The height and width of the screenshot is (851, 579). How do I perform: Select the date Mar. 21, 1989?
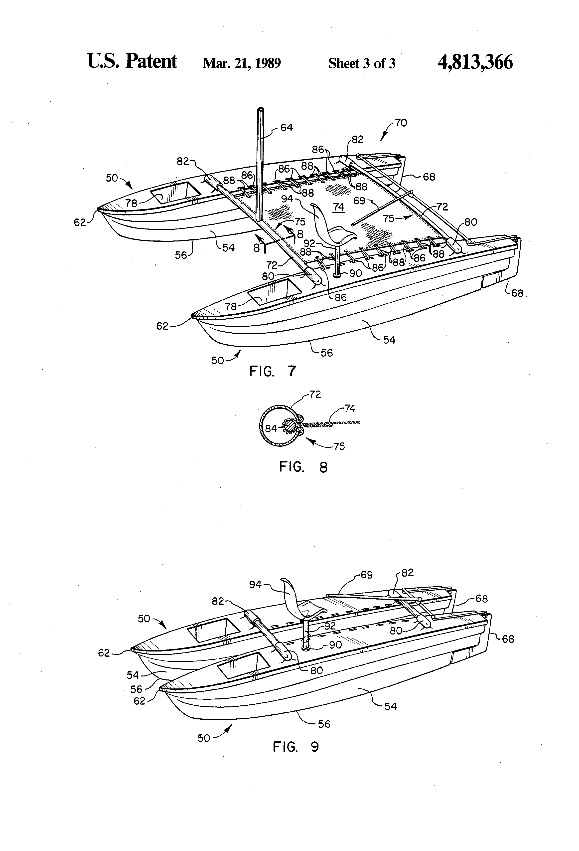[242, 63]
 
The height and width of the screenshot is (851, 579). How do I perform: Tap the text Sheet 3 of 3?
[362, 63]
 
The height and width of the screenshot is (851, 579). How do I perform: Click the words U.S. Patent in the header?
[132, 61]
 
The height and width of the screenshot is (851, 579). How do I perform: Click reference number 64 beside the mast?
[287, 128]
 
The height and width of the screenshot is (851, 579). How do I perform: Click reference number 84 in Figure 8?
[271, 428]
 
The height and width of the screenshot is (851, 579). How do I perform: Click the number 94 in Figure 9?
[256, 585]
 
